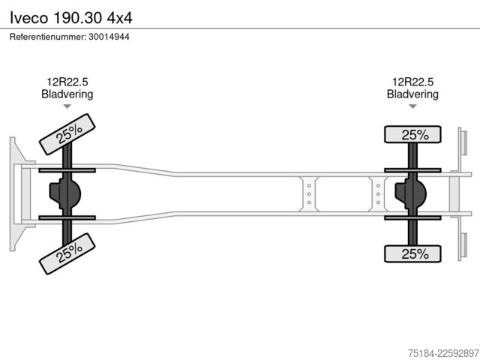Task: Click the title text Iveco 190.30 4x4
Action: (x=71, y=18)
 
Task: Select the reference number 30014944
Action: (x=109, y=37)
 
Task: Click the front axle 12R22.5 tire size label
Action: (x=67, y=82)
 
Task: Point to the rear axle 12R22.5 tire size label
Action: (x=413, y=82)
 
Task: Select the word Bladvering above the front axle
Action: (x=67, y=94)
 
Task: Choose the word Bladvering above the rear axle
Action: (x=412, y=94)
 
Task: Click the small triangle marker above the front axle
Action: (x=67, y=106)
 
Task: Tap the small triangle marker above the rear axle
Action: (x=412, y=106)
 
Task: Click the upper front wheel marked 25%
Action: (x=67, y=134)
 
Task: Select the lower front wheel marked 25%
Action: (x=67, y=253)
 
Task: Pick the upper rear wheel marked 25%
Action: (x=412, y=134)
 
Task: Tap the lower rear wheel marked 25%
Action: (x=412, y=253)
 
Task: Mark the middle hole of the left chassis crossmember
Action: (x=309, y=194)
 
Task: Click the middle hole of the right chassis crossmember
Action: (x=378, y=194)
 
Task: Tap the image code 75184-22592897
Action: (x=443, y=353)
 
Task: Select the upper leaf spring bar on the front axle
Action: (x=67, y=170)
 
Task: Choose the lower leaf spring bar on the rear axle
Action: (x=412, y=218)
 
